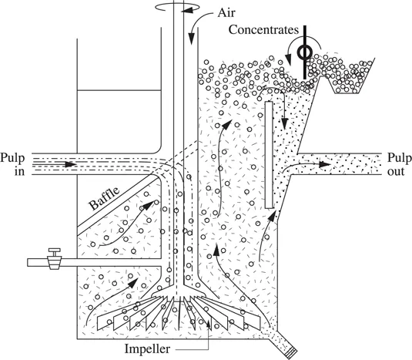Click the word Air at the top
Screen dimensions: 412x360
tap(226, 12)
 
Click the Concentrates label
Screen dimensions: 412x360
tap(263, 30)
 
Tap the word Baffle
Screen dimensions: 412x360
tap(104, 198)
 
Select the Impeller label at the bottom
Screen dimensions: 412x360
tap(147, 349)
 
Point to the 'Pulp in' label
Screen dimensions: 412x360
tap(12, 165)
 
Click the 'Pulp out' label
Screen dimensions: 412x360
tap(400, 165)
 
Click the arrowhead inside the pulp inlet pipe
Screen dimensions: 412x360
tap(70, 164)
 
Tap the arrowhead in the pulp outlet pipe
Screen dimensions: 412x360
tap(324, 164)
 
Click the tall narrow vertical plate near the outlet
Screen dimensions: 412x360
tap(269, 155)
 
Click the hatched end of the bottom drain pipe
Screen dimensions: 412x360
tap(291, 353)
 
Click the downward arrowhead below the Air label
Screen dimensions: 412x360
tap(192, 39)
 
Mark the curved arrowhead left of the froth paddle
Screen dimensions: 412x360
tap(289, 60)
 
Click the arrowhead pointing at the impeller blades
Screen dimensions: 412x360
tap(209, 324)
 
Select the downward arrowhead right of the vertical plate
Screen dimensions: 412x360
tap(284, 123)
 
